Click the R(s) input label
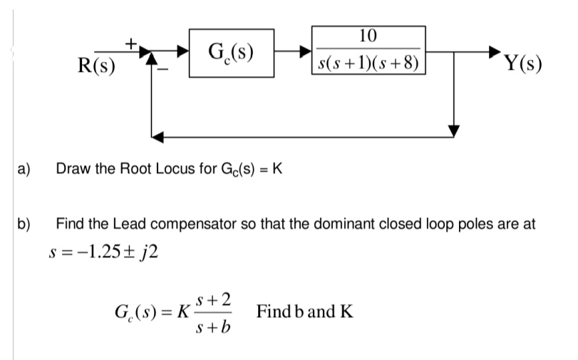tap(98, 66)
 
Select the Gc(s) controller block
tap(232, 51)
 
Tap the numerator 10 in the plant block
tap(368, 36)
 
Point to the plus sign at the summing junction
tap(131, 43)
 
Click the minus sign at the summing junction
tap(163, 69)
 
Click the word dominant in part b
tap(357, 223)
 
